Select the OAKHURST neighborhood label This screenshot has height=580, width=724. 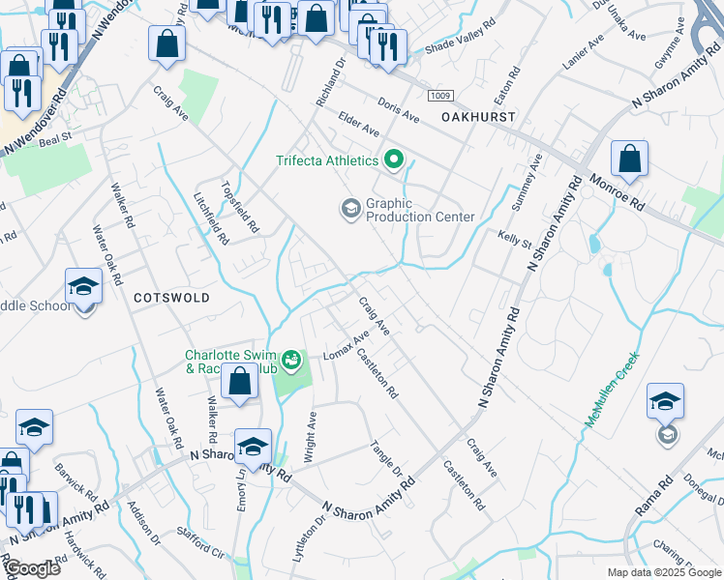coord(478,116)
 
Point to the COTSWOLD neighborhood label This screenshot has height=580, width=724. coord(171,298)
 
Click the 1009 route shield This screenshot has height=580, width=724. coord(441,95)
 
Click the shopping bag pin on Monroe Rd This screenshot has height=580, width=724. coord(629,159)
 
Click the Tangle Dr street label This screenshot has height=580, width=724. coord(387,458)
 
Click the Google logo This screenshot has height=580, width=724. coord(31,569)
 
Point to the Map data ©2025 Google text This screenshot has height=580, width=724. coord(664,572)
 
